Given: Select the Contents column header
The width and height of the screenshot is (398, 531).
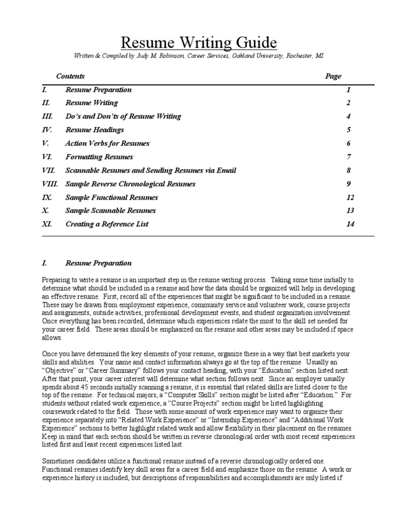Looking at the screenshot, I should pos(70,76).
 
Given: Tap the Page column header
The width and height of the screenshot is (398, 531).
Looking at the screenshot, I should pos(333,76).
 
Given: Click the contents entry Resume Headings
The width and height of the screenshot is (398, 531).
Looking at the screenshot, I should pos(95,130).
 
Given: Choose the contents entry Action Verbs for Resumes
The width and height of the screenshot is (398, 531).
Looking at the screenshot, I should pos(107,143).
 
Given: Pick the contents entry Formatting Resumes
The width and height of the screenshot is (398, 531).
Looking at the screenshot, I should pos(99,157).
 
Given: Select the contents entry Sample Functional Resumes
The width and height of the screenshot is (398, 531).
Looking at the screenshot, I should pos(112,197).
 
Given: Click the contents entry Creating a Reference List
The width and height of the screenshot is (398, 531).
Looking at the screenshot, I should pos(107,224).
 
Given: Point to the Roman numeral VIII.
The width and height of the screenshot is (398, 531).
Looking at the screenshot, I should pos(50,184).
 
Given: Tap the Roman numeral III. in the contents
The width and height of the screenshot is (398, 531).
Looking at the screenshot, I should pos(47,116).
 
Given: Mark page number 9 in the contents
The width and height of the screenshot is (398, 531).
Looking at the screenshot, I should pos(349,184).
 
